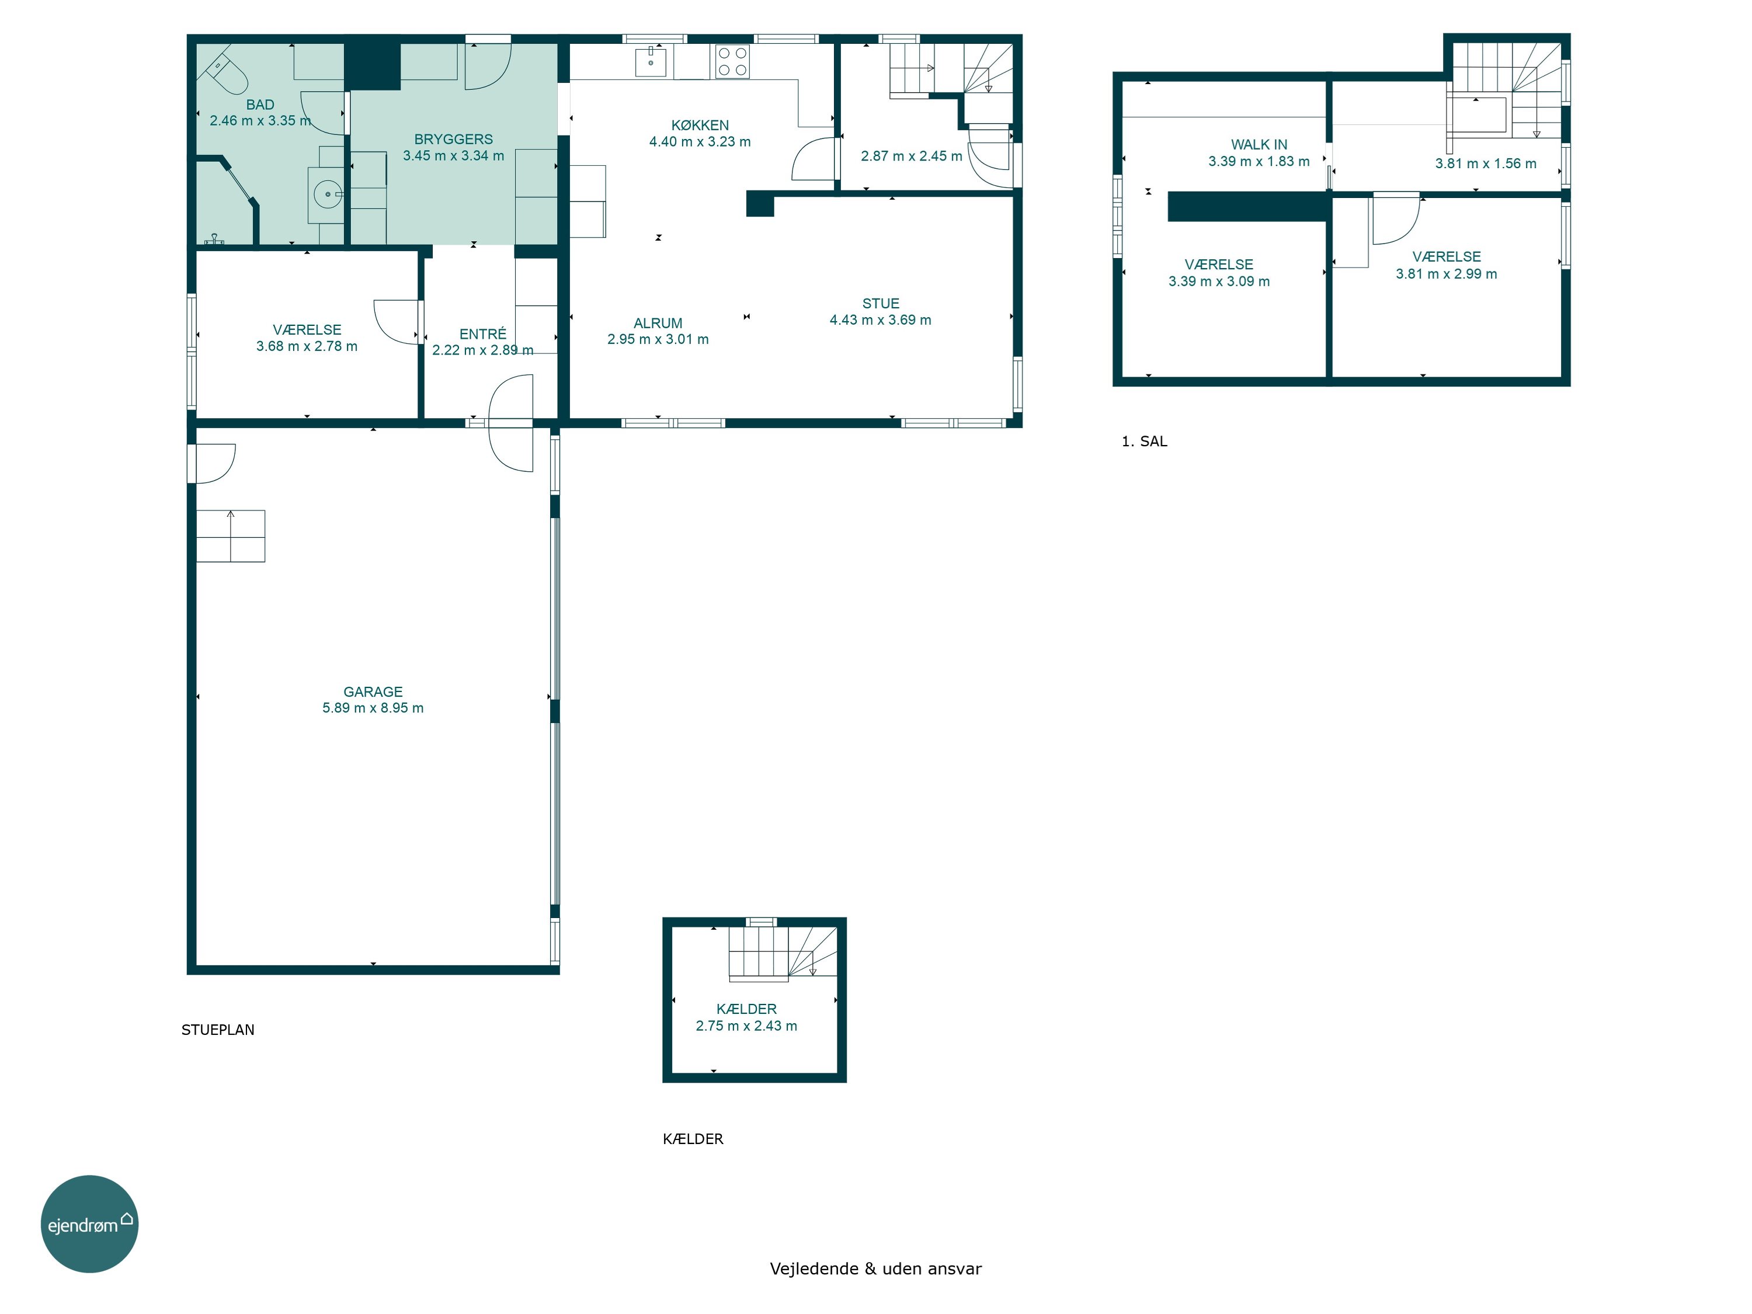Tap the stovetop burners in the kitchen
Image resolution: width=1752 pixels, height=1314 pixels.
pos(732,62)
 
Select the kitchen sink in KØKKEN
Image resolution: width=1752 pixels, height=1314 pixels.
pos(650,61)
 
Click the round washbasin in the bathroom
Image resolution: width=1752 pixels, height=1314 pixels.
pos(327,194)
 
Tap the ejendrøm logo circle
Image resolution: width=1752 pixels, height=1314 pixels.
pos(89,1223)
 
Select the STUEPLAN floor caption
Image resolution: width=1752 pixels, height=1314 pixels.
pos(218,1030)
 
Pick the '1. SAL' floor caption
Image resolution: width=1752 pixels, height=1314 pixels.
pos(1145,441)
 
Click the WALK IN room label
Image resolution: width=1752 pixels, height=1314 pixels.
pos(1259,144)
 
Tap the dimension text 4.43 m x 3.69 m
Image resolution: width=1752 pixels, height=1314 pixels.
pos(880,320)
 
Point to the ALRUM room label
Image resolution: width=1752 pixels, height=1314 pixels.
pos(658,323)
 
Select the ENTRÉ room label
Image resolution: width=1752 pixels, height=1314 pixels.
pos(482,333)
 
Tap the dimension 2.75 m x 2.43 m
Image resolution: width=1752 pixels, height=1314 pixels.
pos(746,1026)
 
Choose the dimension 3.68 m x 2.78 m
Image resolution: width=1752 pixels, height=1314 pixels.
pos(307,346)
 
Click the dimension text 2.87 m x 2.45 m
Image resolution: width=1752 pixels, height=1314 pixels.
pos(912,156)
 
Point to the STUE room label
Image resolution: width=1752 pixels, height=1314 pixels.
pos(881,303)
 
